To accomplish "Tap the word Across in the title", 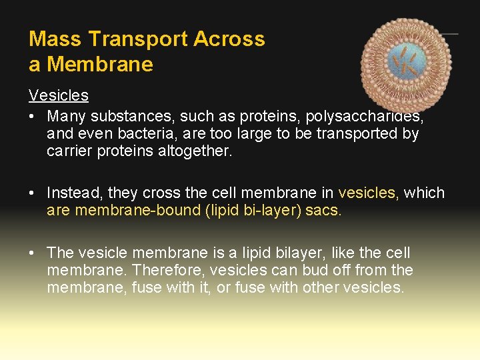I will click(229, 39).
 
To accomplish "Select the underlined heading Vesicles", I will click(59, 95).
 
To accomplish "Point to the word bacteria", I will click(133, 134).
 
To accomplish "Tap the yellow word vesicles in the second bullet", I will click(369, 193).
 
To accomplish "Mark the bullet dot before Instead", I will click(33, 193).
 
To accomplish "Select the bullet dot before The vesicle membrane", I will click(33, 253).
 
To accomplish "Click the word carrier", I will click(69, 151).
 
